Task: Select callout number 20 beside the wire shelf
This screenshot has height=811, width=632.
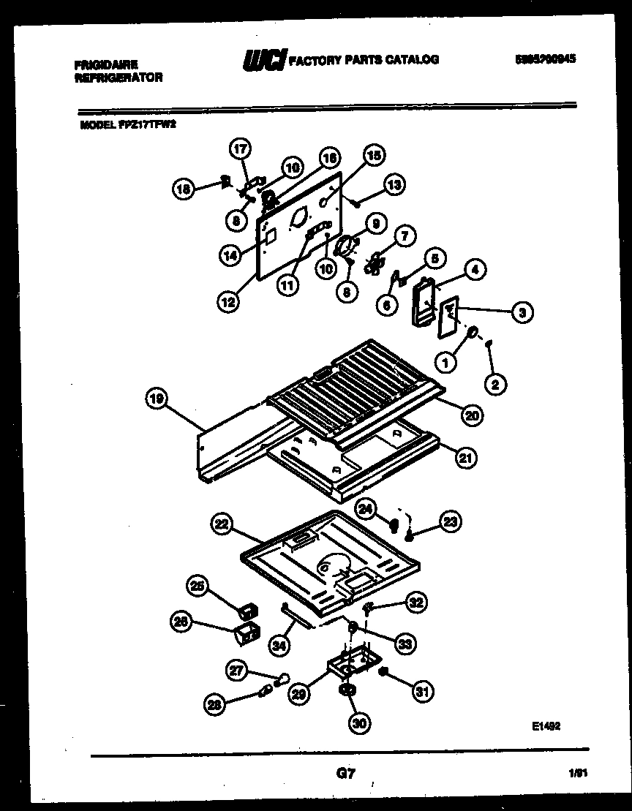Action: point(471,415)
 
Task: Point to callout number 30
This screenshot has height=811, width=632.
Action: point(359,723)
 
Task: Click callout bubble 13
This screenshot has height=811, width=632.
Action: point(394,186)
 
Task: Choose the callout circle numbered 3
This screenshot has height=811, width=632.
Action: point(522,313)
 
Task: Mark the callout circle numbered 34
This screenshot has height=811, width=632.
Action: point(278,644)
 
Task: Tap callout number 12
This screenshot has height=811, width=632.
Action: point(230,301)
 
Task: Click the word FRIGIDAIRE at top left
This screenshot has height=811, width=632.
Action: point(106,64)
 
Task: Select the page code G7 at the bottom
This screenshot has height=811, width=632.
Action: point(345,774)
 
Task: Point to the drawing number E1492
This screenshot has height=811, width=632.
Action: point(546,725)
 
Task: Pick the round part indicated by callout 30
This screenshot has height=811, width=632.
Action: point(346,690)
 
